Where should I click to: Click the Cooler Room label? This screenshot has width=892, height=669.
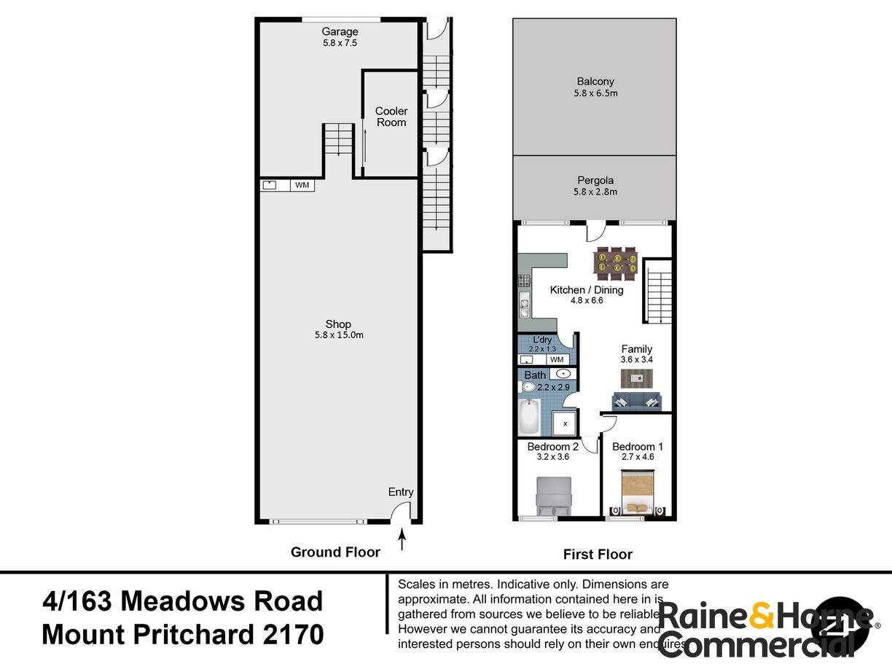tap(391, 117)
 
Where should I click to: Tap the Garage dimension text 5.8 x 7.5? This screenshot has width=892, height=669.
tap(340, 43)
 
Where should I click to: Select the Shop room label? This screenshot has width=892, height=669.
tap(338, 324)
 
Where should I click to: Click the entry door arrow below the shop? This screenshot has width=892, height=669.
tap(402, 540)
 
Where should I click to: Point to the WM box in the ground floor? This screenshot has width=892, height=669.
tap(302, 185)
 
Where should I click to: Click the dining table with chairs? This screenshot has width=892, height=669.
tap(617, 263)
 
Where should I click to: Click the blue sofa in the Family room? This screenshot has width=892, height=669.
tap(637, 401)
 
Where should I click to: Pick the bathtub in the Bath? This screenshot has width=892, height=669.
tap(528, 416)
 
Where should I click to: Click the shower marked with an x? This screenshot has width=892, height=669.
tap(565, 423)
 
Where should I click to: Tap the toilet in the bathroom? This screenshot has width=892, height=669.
tap(529, 387)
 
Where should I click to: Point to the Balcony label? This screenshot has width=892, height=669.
tap(595, 82)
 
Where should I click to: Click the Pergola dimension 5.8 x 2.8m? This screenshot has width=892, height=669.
tap(595, 192)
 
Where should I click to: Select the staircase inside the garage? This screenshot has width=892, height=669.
tap(338, 139)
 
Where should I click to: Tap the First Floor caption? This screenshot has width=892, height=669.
tap(598, 555)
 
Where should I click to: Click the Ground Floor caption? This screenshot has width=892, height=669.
tap(335, 552)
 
